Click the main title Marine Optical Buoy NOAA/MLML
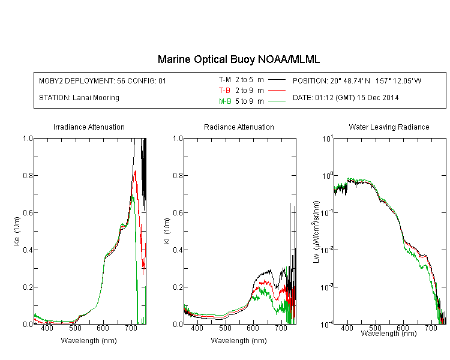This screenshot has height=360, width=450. (238, 59)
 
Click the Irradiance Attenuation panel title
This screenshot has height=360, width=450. (89, 127)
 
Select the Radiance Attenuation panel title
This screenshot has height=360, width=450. (239, 127)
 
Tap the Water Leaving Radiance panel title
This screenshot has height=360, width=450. (389, 127)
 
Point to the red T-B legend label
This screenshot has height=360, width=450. (224, 91)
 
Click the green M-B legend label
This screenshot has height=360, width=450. (225, 101)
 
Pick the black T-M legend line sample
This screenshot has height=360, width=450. (277, 80)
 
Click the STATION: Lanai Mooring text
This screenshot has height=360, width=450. (79, 98)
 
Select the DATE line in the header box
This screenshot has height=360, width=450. (346, 98)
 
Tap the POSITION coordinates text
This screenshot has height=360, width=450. (357, 80)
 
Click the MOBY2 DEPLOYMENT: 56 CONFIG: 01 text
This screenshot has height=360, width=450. (103, 80)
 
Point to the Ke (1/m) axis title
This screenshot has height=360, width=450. (17, 231)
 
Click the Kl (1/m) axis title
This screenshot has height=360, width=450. (166, 231)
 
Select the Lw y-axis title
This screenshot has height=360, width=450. (316, 232)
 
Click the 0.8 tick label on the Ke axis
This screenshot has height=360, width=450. (28, 175)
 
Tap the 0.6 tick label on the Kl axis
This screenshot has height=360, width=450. (178, 213)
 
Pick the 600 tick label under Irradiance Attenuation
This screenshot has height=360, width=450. (103, 328)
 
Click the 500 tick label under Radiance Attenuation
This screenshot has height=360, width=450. (225, 328)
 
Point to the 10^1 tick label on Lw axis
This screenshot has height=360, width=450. (328, 139)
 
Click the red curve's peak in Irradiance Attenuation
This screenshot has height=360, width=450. (135, 171)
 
